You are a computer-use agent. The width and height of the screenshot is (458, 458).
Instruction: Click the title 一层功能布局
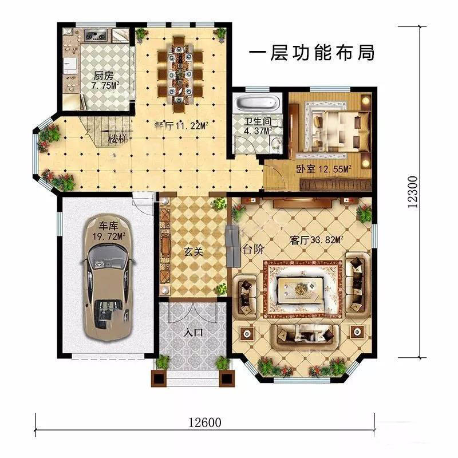click(311, 53)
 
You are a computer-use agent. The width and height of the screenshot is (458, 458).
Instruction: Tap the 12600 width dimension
click(204, 423)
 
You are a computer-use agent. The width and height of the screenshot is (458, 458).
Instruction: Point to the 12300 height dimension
click(412, 192)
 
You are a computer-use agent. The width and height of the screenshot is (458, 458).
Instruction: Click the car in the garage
click(108, 278)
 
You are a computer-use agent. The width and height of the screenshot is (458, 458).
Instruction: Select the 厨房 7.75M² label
click(105, 81)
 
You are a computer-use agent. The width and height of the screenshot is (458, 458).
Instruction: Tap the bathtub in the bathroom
click(257, 103)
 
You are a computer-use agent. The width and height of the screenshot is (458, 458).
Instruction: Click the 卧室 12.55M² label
click(323, 169)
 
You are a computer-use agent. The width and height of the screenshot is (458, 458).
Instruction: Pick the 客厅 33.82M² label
click(317, 240)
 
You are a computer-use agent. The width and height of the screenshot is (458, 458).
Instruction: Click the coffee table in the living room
click(300, 289)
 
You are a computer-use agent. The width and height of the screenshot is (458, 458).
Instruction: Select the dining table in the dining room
click(179, 74)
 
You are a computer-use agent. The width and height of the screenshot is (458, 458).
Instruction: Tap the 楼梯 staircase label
click(117, 139)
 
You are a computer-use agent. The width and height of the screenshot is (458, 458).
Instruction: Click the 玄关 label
click(193, 251)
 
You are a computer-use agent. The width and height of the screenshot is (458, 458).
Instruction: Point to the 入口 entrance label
click(193, 333)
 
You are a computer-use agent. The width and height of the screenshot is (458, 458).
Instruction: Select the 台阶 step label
click(253, 249)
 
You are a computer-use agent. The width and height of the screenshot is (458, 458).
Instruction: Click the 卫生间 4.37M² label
click(258, 125)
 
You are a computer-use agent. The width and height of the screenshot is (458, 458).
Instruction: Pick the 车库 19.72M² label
click(109, 231)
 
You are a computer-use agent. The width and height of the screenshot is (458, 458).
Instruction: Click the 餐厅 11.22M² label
click(181, 125)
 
